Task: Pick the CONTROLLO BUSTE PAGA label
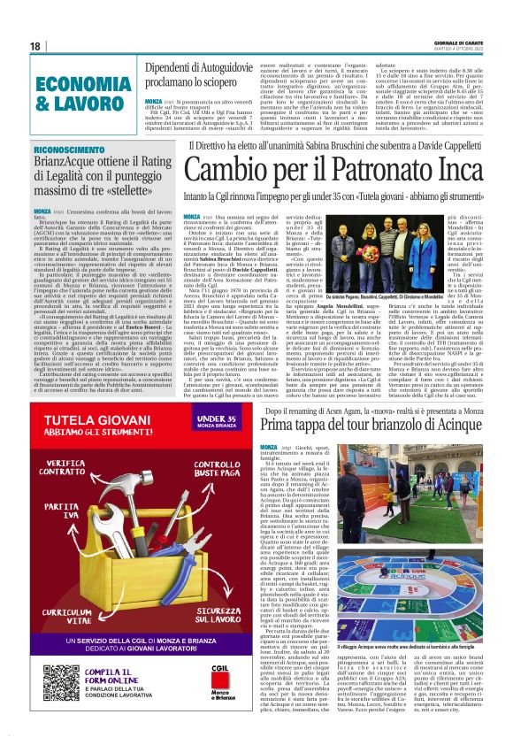215,469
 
